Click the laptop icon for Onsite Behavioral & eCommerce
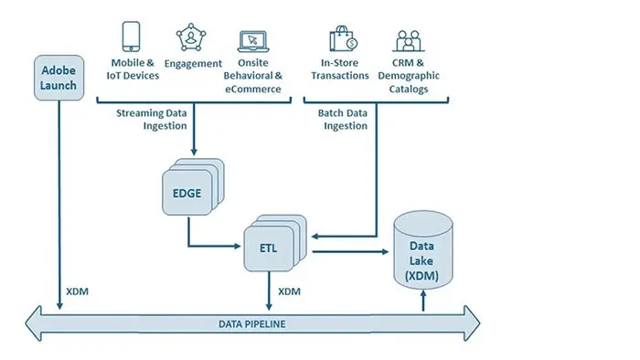pyautogui.click(x=252, y=41)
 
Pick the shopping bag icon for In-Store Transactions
pyautogui.click(x=346, y=40)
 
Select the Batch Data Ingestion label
pyautogui.click(x=342, y=119)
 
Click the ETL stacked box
pyautogui.click(x=269, y=246)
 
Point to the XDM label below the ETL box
pyautogui.click(x=289, y=292)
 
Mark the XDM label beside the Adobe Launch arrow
pyautogui.click(x=78, y=292)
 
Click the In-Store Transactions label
pyautogui.click(x=346, y=69)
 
